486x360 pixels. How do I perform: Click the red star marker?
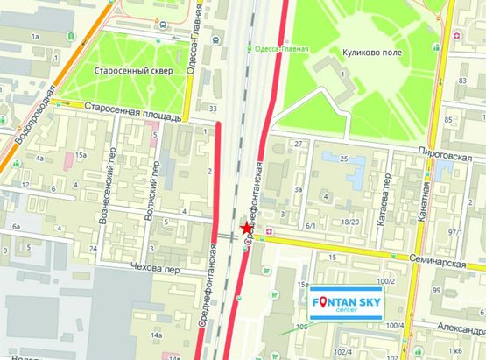(x=244, y=229)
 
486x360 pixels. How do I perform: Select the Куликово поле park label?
(x=370, y=52)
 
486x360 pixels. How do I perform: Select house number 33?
(x=214, y=108)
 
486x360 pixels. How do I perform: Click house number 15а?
(x=81, y=154)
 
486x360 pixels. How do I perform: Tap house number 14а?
(x=157, y=335)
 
